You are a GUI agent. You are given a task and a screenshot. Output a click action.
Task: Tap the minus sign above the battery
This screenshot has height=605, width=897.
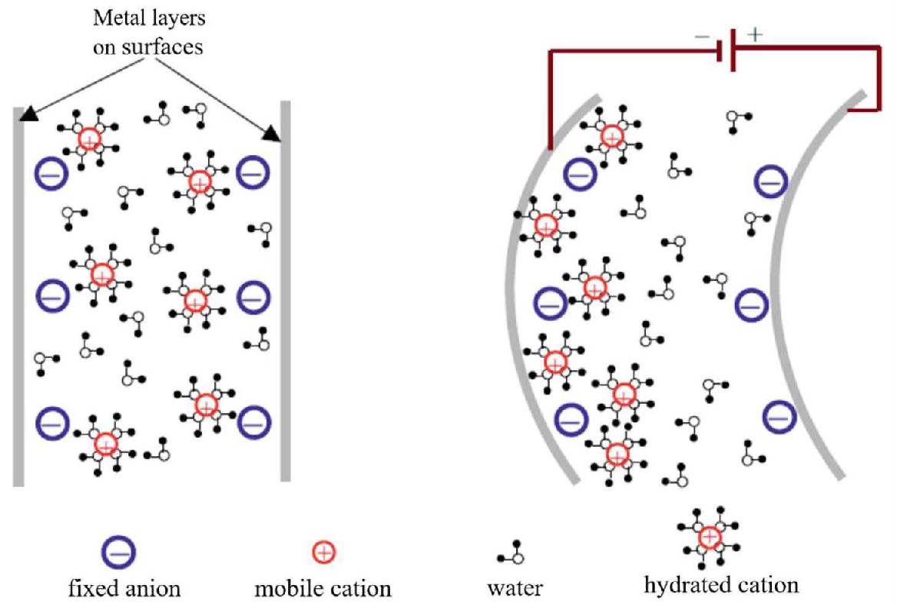(x=701, y=36)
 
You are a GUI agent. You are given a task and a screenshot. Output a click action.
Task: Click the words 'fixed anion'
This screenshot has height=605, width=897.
(x=124, y=589)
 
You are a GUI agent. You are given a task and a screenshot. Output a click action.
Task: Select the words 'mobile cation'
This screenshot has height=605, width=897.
(x=323, y=589)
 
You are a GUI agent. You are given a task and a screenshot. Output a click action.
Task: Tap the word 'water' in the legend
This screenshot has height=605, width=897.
(x=515, y=589)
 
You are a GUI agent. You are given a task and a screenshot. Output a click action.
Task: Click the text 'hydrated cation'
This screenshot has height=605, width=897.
(x=721, y=585)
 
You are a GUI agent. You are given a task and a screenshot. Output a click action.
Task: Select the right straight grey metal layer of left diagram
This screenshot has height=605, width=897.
(x=285, y=307)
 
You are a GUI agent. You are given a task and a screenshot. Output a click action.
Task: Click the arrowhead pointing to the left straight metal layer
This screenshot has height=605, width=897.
(x=28, y=114)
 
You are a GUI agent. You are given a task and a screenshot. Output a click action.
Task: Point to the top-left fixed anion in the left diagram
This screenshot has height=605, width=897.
(x=52, y=174)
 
